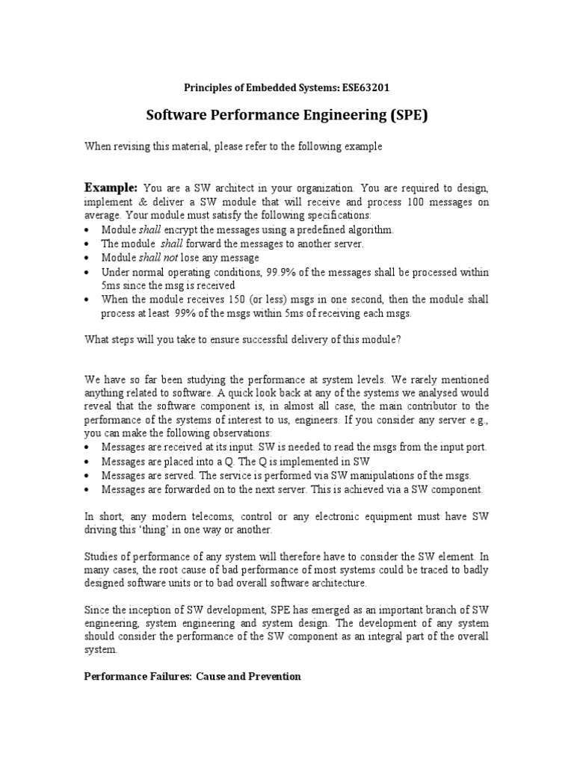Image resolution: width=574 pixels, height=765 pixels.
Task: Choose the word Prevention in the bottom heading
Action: click(x=273, y=676)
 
